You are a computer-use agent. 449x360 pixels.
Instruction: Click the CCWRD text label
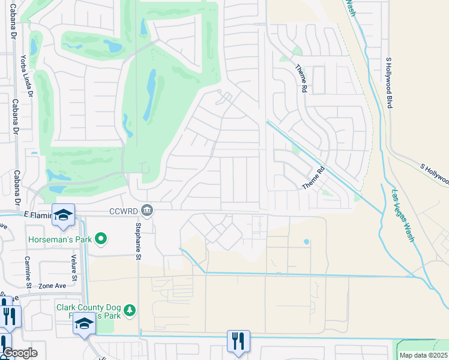124,211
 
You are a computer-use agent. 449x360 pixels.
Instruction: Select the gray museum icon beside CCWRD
147,210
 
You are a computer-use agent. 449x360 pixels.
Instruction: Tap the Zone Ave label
52,287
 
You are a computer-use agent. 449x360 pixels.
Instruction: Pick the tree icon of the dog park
130,311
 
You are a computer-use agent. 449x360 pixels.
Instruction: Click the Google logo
19,353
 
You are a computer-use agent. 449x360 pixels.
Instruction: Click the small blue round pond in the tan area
306,242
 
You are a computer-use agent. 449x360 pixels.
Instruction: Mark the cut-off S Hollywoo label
433,173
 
